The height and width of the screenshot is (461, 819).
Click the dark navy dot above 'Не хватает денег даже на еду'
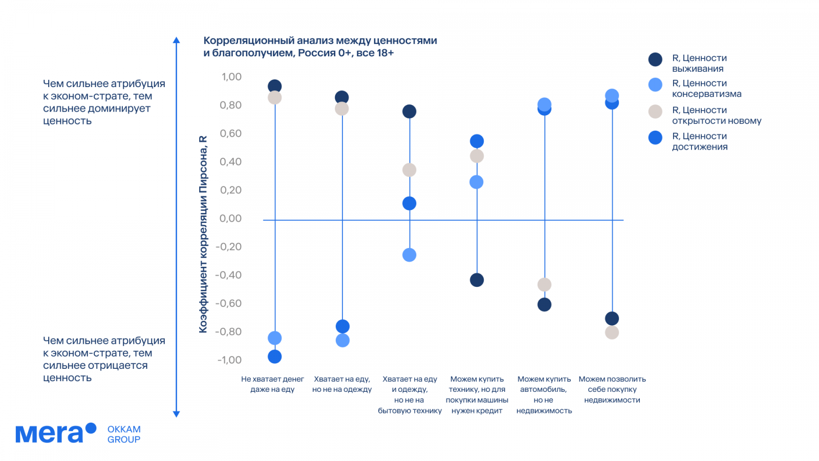pyautogui.click(x=275, y=87)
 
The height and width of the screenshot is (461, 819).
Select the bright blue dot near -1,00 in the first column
pyautogui.click(x=275, y=357)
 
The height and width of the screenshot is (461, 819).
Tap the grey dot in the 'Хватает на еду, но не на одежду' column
pyautogui.click(x=342, y=109)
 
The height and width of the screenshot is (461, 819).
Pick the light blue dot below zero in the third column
pyautogui.click(x=409, y=255)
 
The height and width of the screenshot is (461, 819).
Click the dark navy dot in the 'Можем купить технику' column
pyautogui.click(x=477, y=280)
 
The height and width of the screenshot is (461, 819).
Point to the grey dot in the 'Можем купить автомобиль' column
pyautogui.click(x=545, y=285)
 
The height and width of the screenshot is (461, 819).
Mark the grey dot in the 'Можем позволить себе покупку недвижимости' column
pyautogui.click(x=612, y=332)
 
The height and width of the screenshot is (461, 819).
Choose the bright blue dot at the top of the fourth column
pyautogui.click(x=477, y=141)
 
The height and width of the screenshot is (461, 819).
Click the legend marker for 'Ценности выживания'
pyautogui.click(x=655, y=59)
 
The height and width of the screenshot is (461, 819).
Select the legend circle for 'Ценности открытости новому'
pyautogui.click(x=655, y=112)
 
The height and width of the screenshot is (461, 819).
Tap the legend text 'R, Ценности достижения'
pyautogui.click(x=700, y=141)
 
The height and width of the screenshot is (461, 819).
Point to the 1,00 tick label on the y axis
pyautogui.click(x=231, y=77)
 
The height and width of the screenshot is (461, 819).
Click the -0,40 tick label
pyautogui.click(x=229, y=275)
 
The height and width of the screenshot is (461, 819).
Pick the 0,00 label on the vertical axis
pyautogui.click(x=231, y=219)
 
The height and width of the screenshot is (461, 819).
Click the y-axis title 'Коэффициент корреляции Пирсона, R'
pyautogui.click(x=203, y=235)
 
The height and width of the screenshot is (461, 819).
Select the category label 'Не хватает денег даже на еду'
pyautogui.click(x=272, y=384)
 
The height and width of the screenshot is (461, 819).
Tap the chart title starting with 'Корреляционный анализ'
pyautogui.click(x=320, y=47)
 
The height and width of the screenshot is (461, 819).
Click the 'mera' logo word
pyautogui.click(x=50, y=434)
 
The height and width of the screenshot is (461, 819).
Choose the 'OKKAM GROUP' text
pyautogui.click(x=124, y=434)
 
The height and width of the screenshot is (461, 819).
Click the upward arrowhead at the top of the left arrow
pyautogui.click(x=177, y=40)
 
